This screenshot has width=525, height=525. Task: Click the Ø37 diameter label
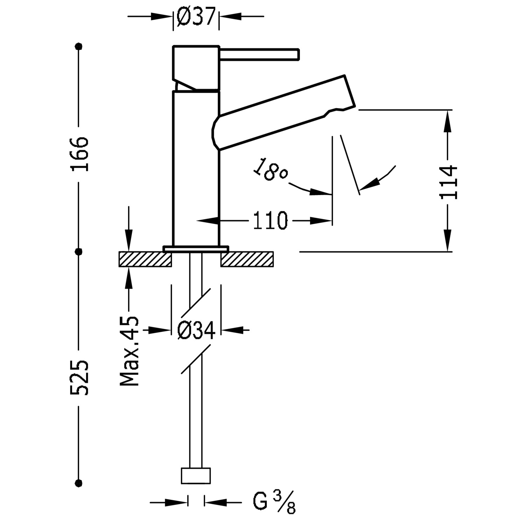coord(196,17)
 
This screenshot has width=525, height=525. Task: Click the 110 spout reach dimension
coord(270,221)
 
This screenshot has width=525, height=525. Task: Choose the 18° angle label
coord(271,170)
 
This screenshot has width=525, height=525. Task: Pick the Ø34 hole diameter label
coord(196,330)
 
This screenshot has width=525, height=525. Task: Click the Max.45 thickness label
coord(129,351)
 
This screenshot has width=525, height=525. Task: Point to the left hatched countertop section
coord(145,259)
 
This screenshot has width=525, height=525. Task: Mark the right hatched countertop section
coord(247,259)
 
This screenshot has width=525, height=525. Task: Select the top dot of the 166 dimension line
coord(79,46)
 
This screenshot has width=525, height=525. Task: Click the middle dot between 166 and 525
coord(79,251)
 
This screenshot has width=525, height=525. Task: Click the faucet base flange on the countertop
coord(196,248)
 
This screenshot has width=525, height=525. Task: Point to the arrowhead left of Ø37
coord(164,16)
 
